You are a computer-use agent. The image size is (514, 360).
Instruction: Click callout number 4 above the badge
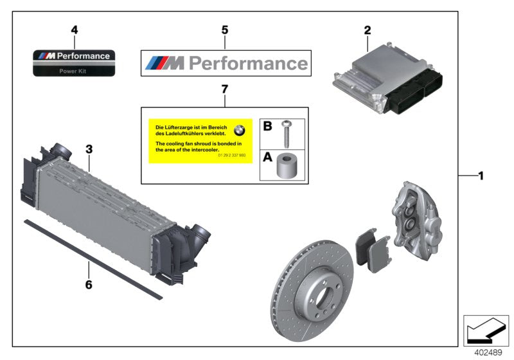pos(75,30)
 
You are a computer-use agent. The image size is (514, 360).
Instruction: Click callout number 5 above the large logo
pos(224,30)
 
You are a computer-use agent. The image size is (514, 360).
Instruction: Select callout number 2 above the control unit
pos(367,30)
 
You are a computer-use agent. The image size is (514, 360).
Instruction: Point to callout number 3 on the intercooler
pos(89,149)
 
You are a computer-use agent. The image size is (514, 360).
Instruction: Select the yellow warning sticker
pos(200,140)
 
